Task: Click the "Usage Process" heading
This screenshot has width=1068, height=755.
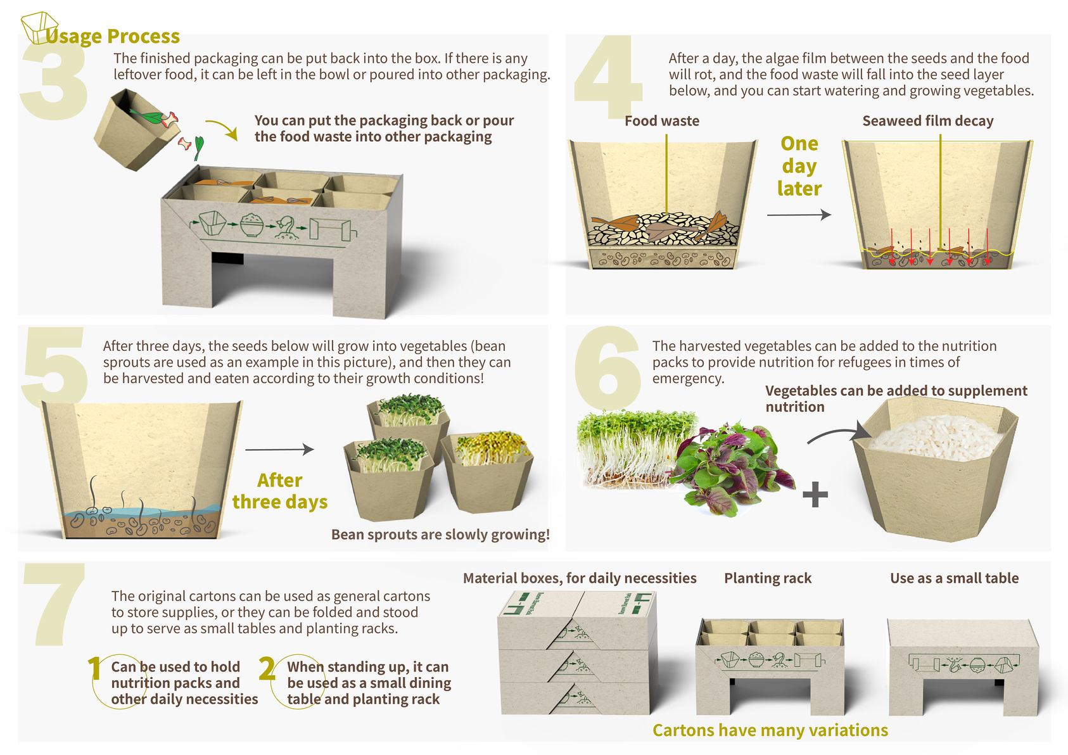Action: (x=113, y=36)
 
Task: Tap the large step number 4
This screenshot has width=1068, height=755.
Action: (x=608, y=76)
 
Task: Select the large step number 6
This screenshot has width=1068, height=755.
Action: (x=608, y=367)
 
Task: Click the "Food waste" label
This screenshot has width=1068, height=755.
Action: (x=662, y=121)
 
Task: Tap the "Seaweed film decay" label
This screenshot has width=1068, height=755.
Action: (x=928, y=121)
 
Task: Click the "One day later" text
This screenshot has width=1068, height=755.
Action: (x=799, y=167)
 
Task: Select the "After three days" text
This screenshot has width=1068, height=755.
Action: (x=280, y=491)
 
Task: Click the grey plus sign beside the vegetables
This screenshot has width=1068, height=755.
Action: (x=815, y=494)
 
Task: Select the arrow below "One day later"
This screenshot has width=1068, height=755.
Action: (x=799, y=215)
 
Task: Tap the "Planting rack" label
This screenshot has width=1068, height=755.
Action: (x=768, y=578)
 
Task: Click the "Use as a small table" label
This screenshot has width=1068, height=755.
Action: (x=954, y=578)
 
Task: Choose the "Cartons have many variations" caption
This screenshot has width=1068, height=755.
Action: (x=770, y=730)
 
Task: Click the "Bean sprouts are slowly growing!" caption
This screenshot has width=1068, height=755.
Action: (x=440, y=535)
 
